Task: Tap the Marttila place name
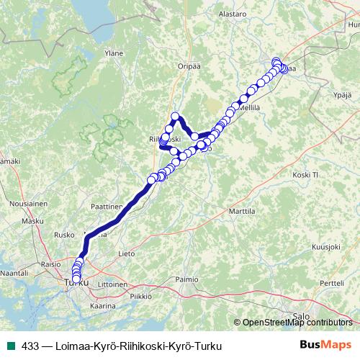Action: [x=242, y=212]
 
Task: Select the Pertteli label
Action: [x=332, y=283]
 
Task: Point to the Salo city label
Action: [x=301, y=315]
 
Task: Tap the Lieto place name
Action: [x=127, y=253]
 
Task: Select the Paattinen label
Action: [x=106, y=206]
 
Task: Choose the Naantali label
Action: [x=14, y=274]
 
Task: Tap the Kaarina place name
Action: [x=103, y=306]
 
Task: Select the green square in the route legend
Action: [x=9, y=346]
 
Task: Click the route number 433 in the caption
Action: [x=30, y=346]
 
